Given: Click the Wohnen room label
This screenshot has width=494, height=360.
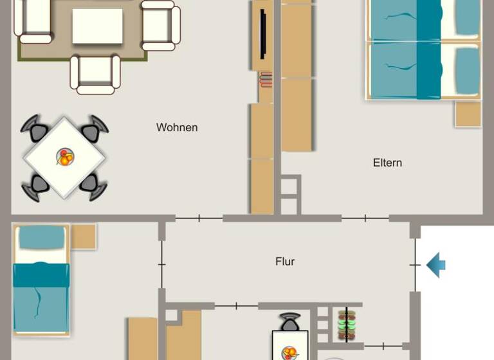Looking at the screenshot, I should click(177, 127).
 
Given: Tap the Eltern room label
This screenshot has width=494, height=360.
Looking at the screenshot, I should click(387, 163).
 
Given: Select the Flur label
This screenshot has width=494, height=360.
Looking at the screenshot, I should click(285, 262).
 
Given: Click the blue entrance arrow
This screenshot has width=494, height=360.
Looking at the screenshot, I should click(436, 264).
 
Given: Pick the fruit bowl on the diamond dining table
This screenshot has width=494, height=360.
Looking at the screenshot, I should click(65, 157).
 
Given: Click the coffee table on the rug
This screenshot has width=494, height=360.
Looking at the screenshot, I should click(97, 26).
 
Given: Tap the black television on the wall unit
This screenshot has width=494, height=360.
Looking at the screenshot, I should click(263, 35).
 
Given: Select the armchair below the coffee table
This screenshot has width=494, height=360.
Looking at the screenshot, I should click(96, 73).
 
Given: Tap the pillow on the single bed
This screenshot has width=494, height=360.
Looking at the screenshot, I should click(42, 239).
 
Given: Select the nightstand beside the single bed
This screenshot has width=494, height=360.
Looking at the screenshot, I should click(83, 237).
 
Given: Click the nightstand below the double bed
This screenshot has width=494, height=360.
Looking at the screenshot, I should click(468, 114).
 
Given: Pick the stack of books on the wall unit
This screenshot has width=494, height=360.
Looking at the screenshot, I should click(266, 80).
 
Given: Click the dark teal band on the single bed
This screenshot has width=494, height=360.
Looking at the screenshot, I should click(41, 275).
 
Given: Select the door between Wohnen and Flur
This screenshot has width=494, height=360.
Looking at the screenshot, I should click(199, 219).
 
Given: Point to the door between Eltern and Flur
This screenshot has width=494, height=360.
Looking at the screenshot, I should click(365, 219).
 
